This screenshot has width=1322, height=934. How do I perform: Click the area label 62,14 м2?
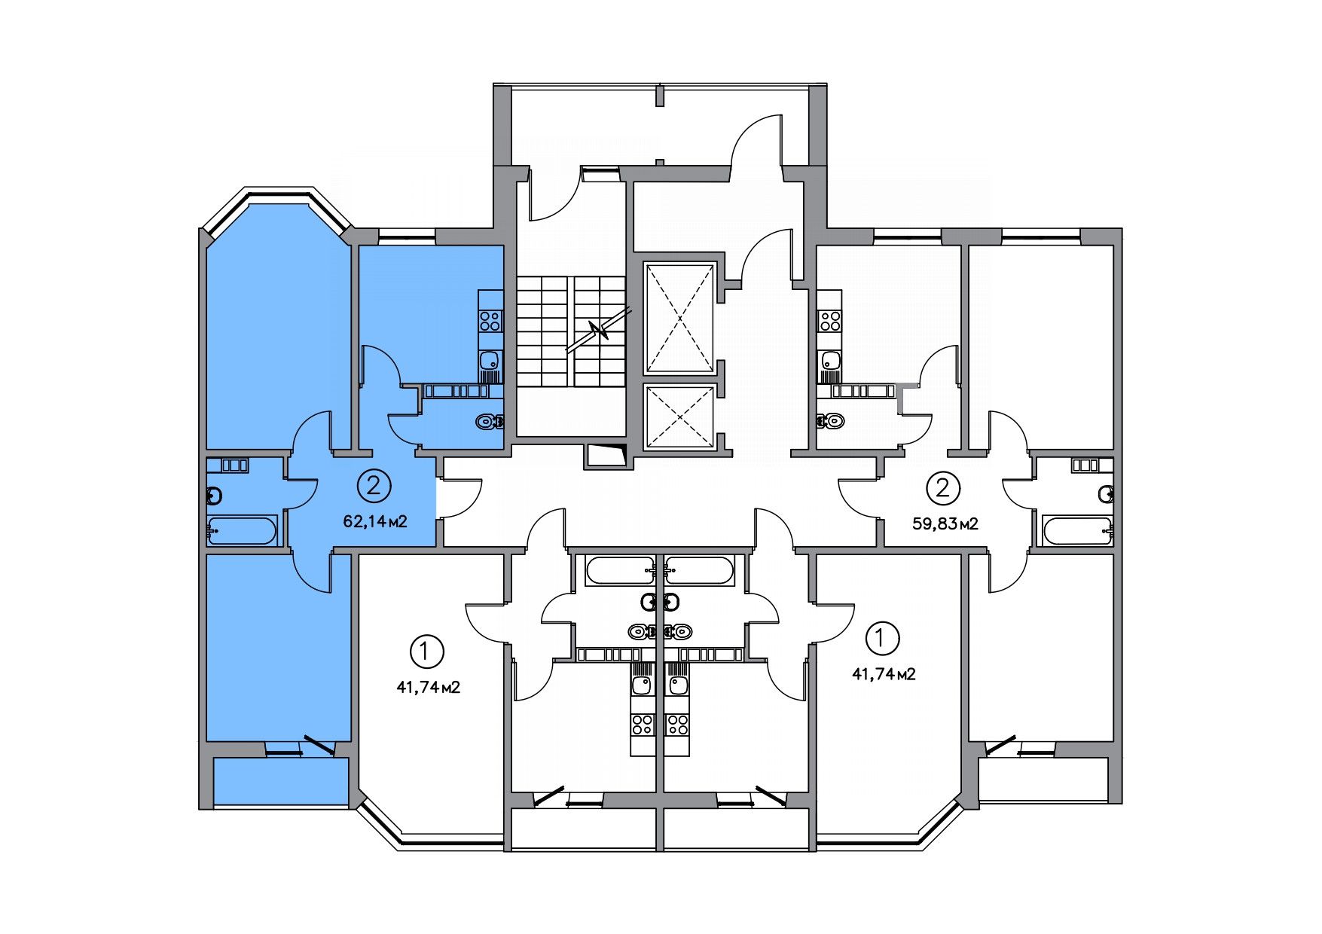(x=375, y=521)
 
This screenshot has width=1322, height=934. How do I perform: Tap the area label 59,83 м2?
(x=945, y=524)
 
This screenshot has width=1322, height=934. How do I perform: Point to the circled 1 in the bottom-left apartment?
(x=427, y=650)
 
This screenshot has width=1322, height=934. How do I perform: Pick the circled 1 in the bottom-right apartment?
(x=883, y=638)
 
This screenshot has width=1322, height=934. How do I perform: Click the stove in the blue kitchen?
(x=490, y=321)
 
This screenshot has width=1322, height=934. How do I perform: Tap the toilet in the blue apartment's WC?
(x=490, y=423)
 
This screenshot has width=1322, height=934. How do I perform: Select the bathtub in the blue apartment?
(x=243, y=531)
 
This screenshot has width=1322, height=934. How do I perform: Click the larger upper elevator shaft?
(x=679, y=318)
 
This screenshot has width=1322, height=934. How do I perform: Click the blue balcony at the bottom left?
(x=281, y=782)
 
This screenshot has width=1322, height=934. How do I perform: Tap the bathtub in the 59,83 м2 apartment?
(x=1076, y=531)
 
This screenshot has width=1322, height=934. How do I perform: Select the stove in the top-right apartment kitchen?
(x=830, y=322)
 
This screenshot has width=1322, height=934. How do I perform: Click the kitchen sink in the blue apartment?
(x=490, y=360)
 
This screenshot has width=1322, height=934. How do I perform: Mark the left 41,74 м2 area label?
(x=428, y=687)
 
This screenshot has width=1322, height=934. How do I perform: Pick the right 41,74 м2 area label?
(x=884, y=674)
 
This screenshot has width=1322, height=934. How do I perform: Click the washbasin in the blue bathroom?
(x=215, y=496)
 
